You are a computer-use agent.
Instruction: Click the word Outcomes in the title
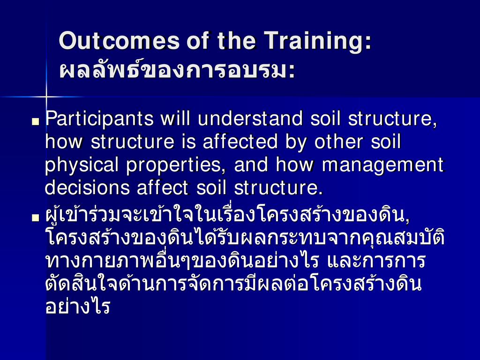coord(119,40)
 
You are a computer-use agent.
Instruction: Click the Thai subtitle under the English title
coord(177,70)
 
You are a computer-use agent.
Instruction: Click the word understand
coord(250,118)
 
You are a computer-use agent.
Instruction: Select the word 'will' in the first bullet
coord(175,118)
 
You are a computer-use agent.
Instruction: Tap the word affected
coord(240,142)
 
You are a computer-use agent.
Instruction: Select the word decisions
coord(87,187)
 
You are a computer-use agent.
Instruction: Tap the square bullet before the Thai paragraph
coord(36,217)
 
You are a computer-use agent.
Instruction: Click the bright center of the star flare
coord(46,97)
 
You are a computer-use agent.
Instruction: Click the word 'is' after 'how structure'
coord(188,142)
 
